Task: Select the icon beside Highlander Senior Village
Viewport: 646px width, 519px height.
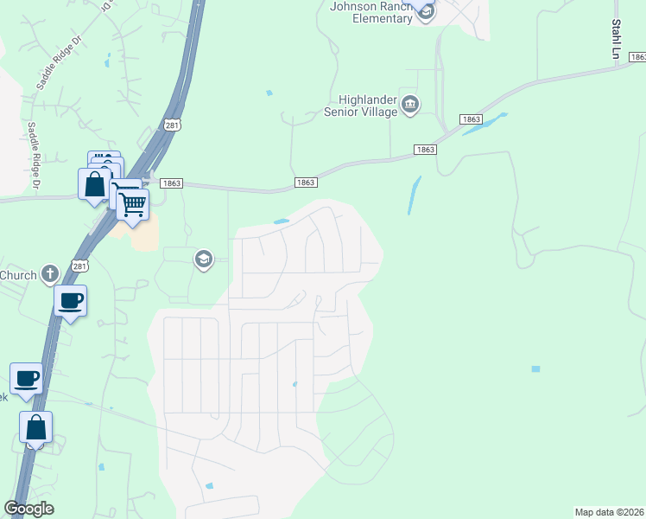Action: tap(410, 106)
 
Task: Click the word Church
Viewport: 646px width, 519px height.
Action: tap(18, 276)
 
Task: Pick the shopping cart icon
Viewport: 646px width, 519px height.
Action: tap(133, 204)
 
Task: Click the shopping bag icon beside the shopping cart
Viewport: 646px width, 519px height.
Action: tap(93, 183)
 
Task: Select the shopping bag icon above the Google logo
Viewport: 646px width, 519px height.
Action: tap(36, 426)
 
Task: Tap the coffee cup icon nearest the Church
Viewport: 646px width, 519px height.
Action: tap(70, 300)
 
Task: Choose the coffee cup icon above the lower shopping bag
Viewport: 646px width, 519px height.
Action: tap(27, 378)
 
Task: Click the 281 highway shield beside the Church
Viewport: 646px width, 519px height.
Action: tap(79, 267)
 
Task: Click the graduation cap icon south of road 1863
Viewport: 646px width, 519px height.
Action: tap(203, 259)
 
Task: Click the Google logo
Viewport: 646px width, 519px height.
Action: tap(28, 509)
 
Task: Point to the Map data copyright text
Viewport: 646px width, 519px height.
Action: tap(609, 512)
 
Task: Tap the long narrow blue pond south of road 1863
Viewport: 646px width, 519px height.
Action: tap(415, 195)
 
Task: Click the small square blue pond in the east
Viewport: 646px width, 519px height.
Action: tap(535, 369)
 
